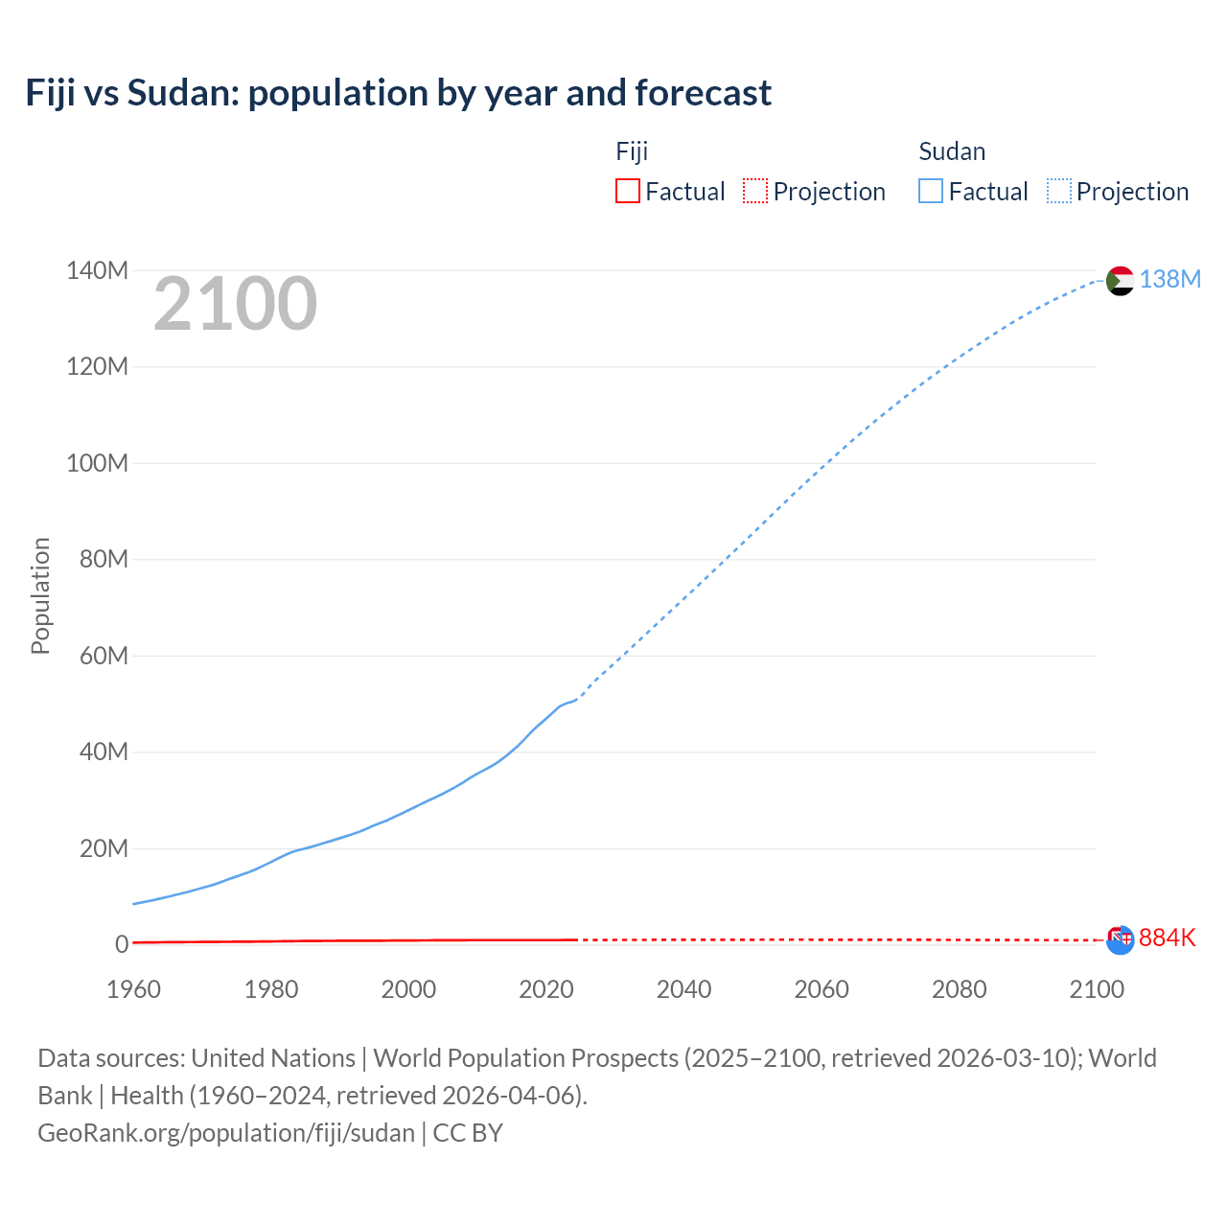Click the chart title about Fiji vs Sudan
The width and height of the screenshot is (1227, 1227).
click(x=398, y=93)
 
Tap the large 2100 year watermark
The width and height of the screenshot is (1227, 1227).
click(x=235, y=304)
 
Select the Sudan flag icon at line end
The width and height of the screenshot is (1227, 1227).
click(x=1120, y=281)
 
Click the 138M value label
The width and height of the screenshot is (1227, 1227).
click(x=1169, y=279)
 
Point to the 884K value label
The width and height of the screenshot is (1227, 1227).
click(x=1168, y=938)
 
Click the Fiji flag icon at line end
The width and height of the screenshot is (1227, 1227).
click(x=1120, y=939)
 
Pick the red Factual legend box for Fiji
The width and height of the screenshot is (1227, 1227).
click(x=627, y=191)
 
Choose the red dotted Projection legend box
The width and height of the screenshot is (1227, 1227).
click(x=755, y=191)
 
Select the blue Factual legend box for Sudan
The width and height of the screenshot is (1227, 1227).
click(x=930, y=191)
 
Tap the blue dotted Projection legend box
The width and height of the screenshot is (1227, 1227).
click(x=1058, y=191)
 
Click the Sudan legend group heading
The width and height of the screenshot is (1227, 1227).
click(x=951, y=151)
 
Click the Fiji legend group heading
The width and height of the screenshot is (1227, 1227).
click(x=632, y=151)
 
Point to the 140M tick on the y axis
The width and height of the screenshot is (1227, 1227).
click(x=97, y=270)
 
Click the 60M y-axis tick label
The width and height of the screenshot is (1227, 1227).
click(x=104, y=656)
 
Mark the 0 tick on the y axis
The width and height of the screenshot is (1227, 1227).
click(x=121, y=944)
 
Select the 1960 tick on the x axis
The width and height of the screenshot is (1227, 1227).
click(x=133, y=989)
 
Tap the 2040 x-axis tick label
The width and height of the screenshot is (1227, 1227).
click(x=683, y=989)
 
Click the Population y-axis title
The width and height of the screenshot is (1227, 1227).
click(x=40, y=595)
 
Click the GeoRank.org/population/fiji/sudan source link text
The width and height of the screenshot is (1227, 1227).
click(x=226, y=1132)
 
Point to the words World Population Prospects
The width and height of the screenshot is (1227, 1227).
click(x=525, y=1057)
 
